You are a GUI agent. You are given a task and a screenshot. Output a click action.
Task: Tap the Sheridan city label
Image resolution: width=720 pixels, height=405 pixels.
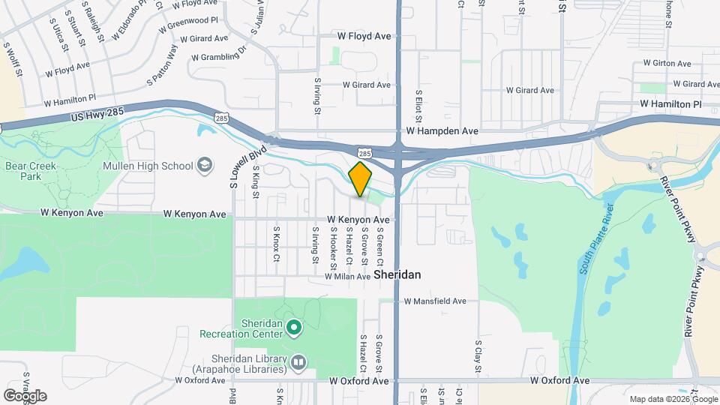(397, 275)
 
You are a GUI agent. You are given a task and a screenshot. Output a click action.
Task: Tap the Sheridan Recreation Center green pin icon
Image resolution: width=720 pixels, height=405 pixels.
(295, 327)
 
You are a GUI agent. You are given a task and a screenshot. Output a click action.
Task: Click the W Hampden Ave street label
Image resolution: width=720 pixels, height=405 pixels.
(442, 130)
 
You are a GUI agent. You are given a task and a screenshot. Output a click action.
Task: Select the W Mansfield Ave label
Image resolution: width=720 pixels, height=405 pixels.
(435, 301)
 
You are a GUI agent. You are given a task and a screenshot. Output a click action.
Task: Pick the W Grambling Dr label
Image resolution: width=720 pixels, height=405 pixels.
(219, 55)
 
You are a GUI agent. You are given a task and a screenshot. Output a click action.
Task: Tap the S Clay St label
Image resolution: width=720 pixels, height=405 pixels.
(478, 356)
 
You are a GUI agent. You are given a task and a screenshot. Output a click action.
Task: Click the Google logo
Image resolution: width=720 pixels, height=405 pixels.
(25, 396)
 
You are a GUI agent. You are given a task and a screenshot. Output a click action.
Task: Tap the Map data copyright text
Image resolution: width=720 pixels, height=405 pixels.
(673, 399)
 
